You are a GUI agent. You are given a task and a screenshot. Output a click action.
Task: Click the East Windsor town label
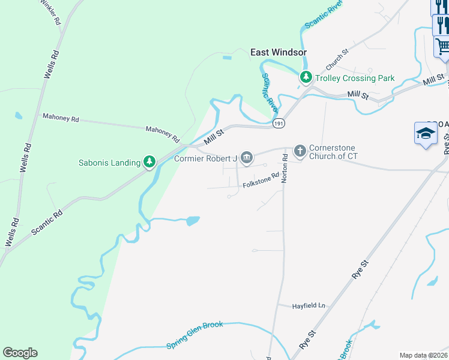[278, 53]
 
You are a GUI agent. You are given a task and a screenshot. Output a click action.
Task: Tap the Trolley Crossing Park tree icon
[306, 77]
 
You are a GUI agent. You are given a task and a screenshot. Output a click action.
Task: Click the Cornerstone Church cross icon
[300, 151]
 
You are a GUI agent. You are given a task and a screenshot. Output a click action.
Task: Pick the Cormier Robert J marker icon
[246, 158]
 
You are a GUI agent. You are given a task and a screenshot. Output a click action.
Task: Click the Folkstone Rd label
[261, 181]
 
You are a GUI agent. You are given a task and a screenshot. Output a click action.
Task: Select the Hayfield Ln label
[309, 305]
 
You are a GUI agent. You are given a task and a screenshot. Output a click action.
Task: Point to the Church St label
[337, 59]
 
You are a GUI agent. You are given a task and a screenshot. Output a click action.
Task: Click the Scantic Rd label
[46, 221]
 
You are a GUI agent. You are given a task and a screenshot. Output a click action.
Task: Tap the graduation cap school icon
[426, 133]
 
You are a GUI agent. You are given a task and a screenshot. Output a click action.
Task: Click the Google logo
[20, 353]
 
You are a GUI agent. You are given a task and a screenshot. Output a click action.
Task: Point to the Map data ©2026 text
[423, 355]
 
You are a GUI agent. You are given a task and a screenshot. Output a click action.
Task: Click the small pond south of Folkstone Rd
[193, 221]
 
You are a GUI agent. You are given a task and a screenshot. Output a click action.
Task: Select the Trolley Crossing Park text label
[355, 78]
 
